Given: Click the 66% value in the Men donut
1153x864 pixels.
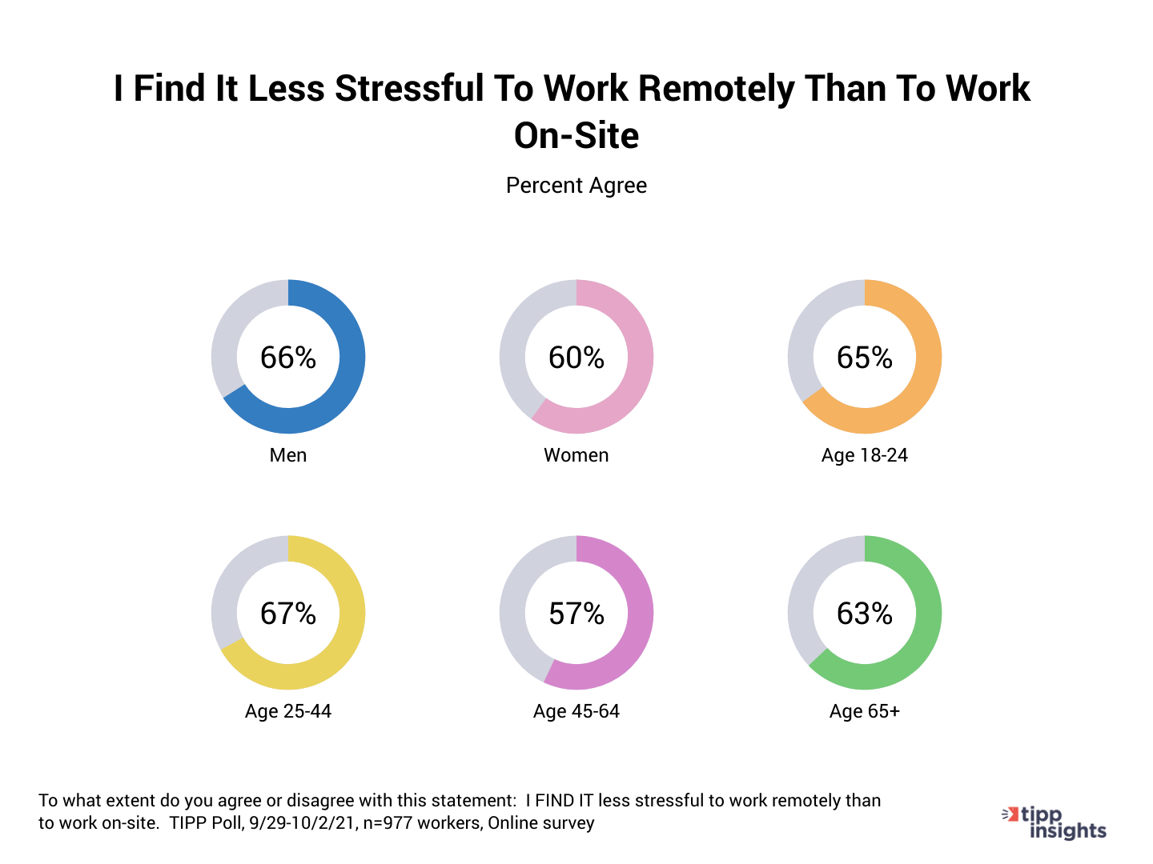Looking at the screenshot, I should [288, 358].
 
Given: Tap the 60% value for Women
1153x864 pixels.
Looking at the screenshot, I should [576, 358].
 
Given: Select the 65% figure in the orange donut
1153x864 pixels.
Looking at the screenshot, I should [865, 358].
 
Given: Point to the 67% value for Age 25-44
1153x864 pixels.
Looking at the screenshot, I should [288, 614].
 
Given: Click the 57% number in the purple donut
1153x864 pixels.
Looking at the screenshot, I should [576, 614].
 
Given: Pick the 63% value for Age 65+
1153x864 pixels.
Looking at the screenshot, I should [865, 614].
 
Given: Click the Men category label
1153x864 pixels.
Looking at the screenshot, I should [288, 455].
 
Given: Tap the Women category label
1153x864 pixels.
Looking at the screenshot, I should [576, 455].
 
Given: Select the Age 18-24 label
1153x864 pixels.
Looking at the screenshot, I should [865, 455].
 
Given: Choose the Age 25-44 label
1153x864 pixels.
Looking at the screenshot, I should [288, 711].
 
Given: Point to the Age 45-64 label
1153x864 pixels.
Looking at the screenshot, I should [576, 711].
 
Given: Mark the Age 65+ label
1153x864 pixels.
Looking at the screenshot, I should [865, 711].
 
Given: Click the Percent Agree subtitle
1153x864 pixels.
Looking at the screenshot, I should [576, 186].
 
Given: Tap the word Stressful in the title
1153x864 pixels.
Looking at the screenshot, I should [409, 89].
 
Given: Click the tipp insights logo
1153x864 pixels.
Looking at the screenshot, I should [1055, 823].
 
